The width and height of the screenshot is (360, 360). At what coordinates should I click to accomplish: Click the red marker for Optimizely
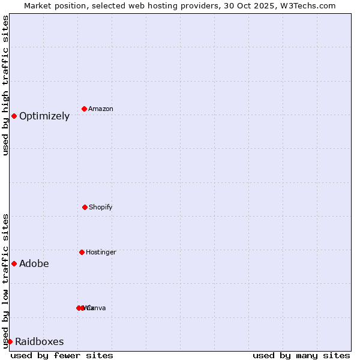point(14,116)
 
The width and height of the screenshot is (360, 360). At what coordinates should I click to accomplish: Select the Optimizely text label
point(44,116)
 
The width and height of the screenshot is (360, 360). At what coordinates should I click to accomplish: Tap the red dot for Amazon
point(85,109)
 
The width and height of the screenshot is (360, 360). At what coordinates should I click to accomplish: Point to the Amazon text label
point(101,109)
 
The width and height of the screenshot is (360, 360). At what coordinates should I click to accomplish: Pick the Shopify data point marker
point(85,207)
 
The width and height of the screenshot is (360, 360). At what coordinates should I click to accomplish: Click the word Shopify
point(101,208)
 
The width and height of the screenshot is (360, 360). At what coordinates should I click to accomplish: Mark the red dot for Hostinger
point(82,252)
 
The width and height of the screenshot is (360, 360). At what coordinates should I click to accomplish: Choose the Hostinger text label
point(101,253)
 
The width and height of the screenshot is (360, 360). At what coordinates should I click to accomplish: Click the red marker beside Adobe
point(14,263)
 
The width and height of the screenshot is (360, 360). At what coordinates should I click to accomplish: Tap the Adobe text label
point(34,264)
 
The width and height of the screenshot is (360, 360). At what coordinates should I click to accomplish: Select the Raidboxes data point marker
point(10,341)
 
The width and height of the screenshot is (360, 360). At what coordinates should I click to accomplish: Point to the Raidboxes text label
point(40,342)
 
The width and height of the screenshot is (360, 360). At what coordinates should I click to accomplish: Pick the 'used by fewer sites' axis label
point(62,355)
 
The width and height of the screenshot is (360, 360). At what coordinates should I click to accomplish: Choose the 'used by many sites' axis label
point(301,355)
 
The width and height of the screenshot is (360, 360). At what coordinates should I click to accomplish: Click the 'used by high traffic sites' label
point(5,85)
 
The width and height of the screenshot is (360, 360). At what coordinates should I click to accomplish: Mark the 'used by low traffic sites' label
point(5,281)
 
